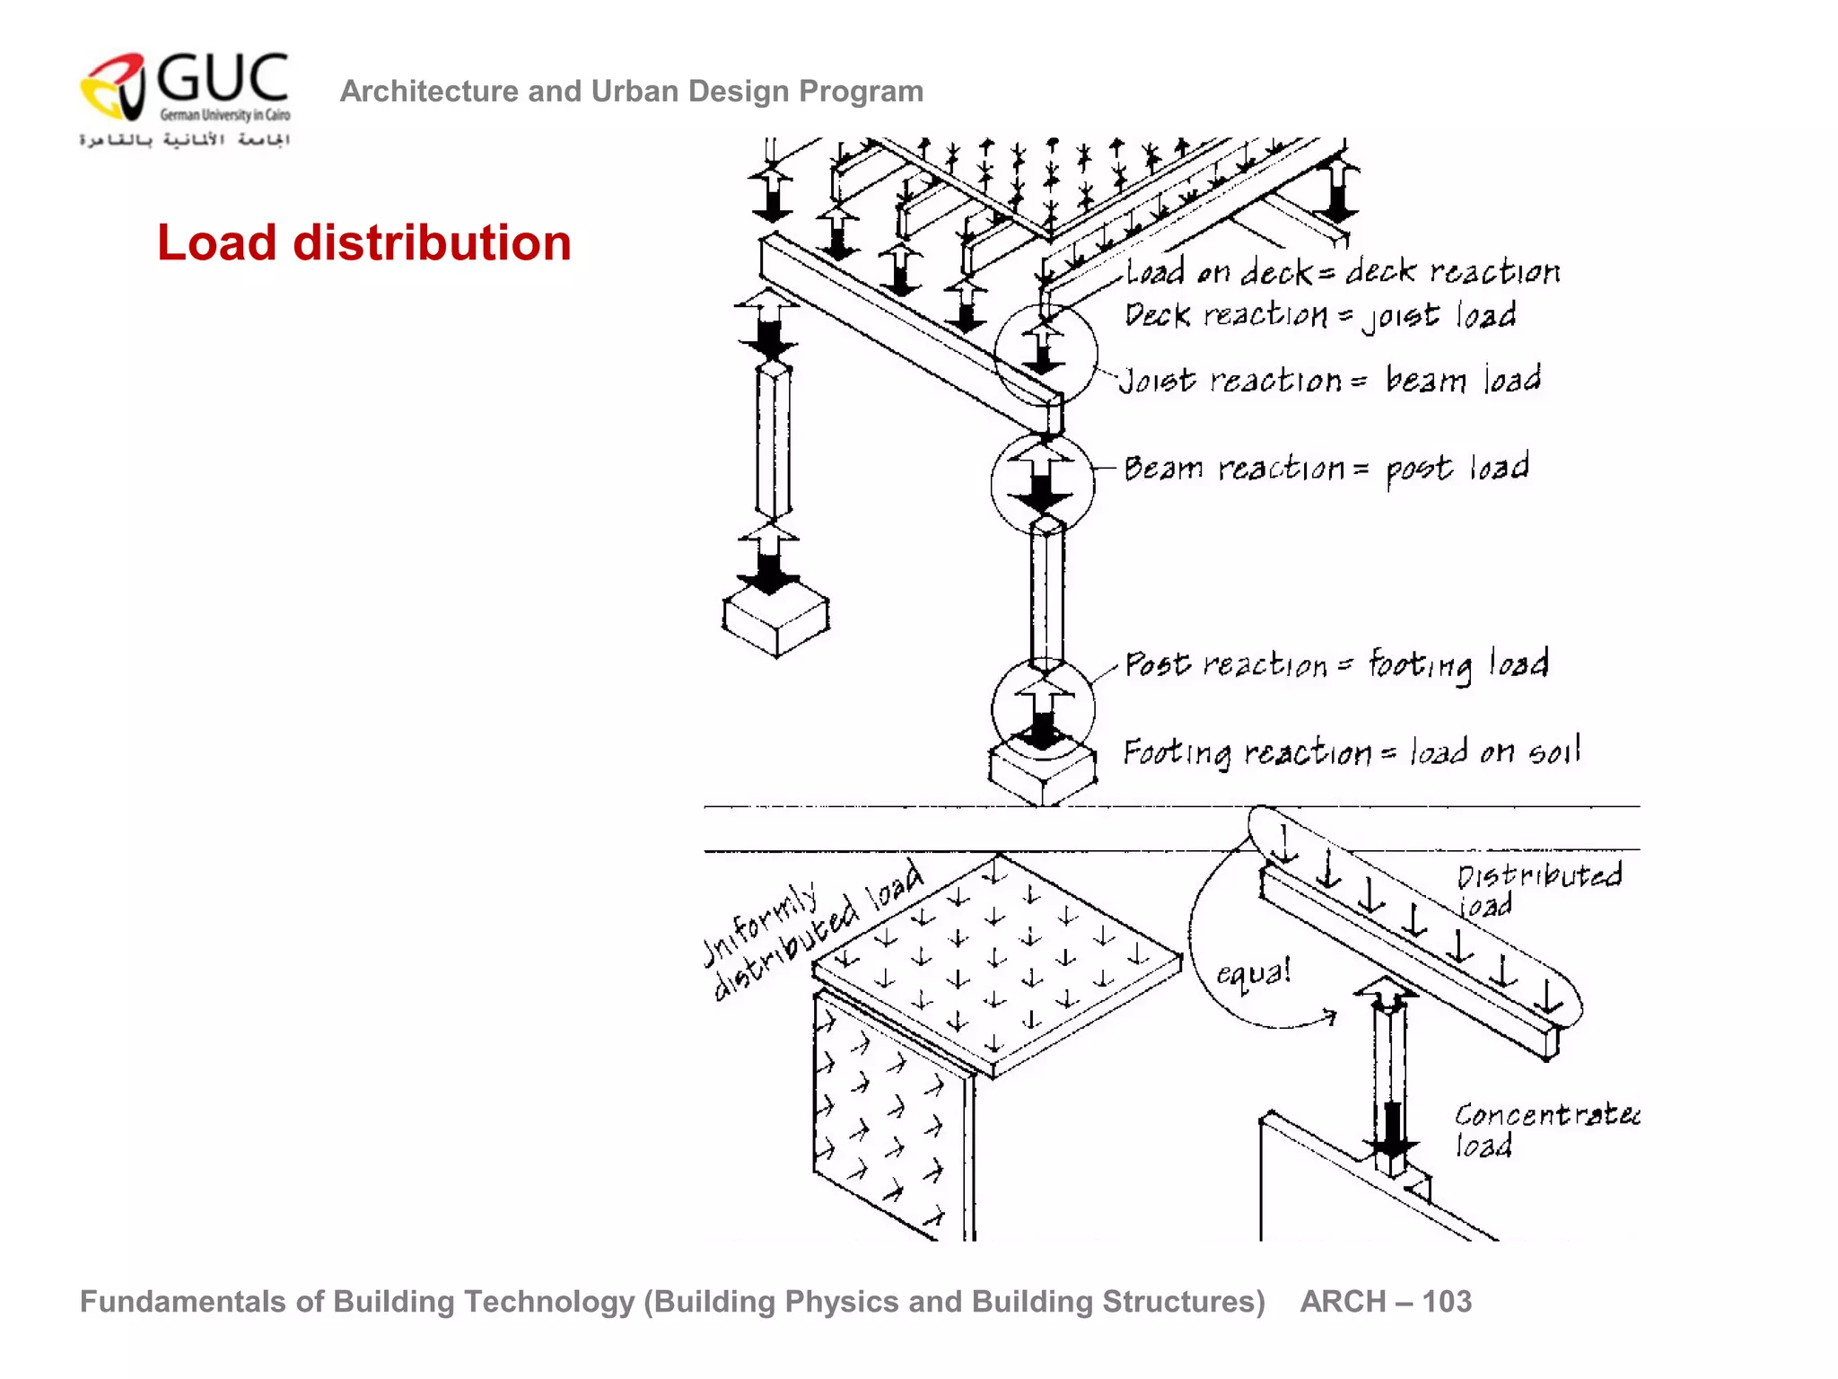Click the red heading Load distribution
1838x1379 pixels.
[x=363, y=243]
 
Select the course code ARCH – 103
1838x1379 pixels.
[x=1386, y=1301]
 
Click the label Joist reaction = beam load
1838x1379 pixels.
[x=1330, y=380]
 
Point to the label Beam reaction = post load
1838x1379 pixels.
[x=1326, y=469]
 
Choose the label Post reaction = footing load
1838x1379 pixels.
[x=1335, y=664]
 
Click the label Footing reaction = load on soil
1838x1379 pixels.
[x=1351, y=751]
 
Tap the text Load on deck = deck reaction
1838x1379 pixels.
[x=1343, y=271]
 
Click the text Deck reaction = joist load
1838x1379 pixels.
[x=1320, y=315]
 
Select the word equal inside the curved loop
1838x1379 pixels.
[x=1254, y=973]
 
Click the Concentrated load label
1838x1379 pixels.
[x=1543, y=1129]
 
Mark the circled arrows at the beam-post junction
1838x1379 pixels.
[x=1042, y=483]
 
